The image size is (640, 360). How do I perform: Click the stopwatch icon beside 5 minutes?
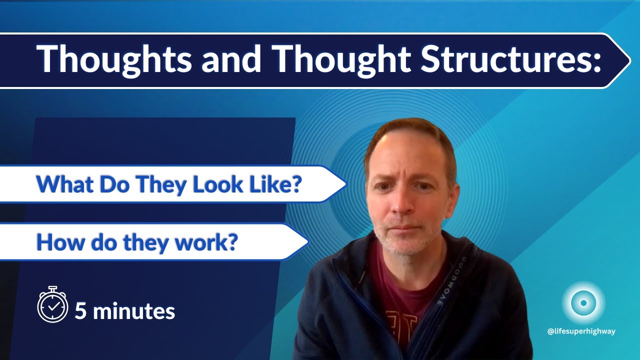52,304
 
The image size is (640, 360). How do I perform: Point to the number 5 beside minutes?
80,311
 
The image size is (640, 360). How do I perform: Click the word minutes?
133,311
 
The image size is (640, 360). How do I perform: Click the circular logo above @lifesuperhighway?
582,303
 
